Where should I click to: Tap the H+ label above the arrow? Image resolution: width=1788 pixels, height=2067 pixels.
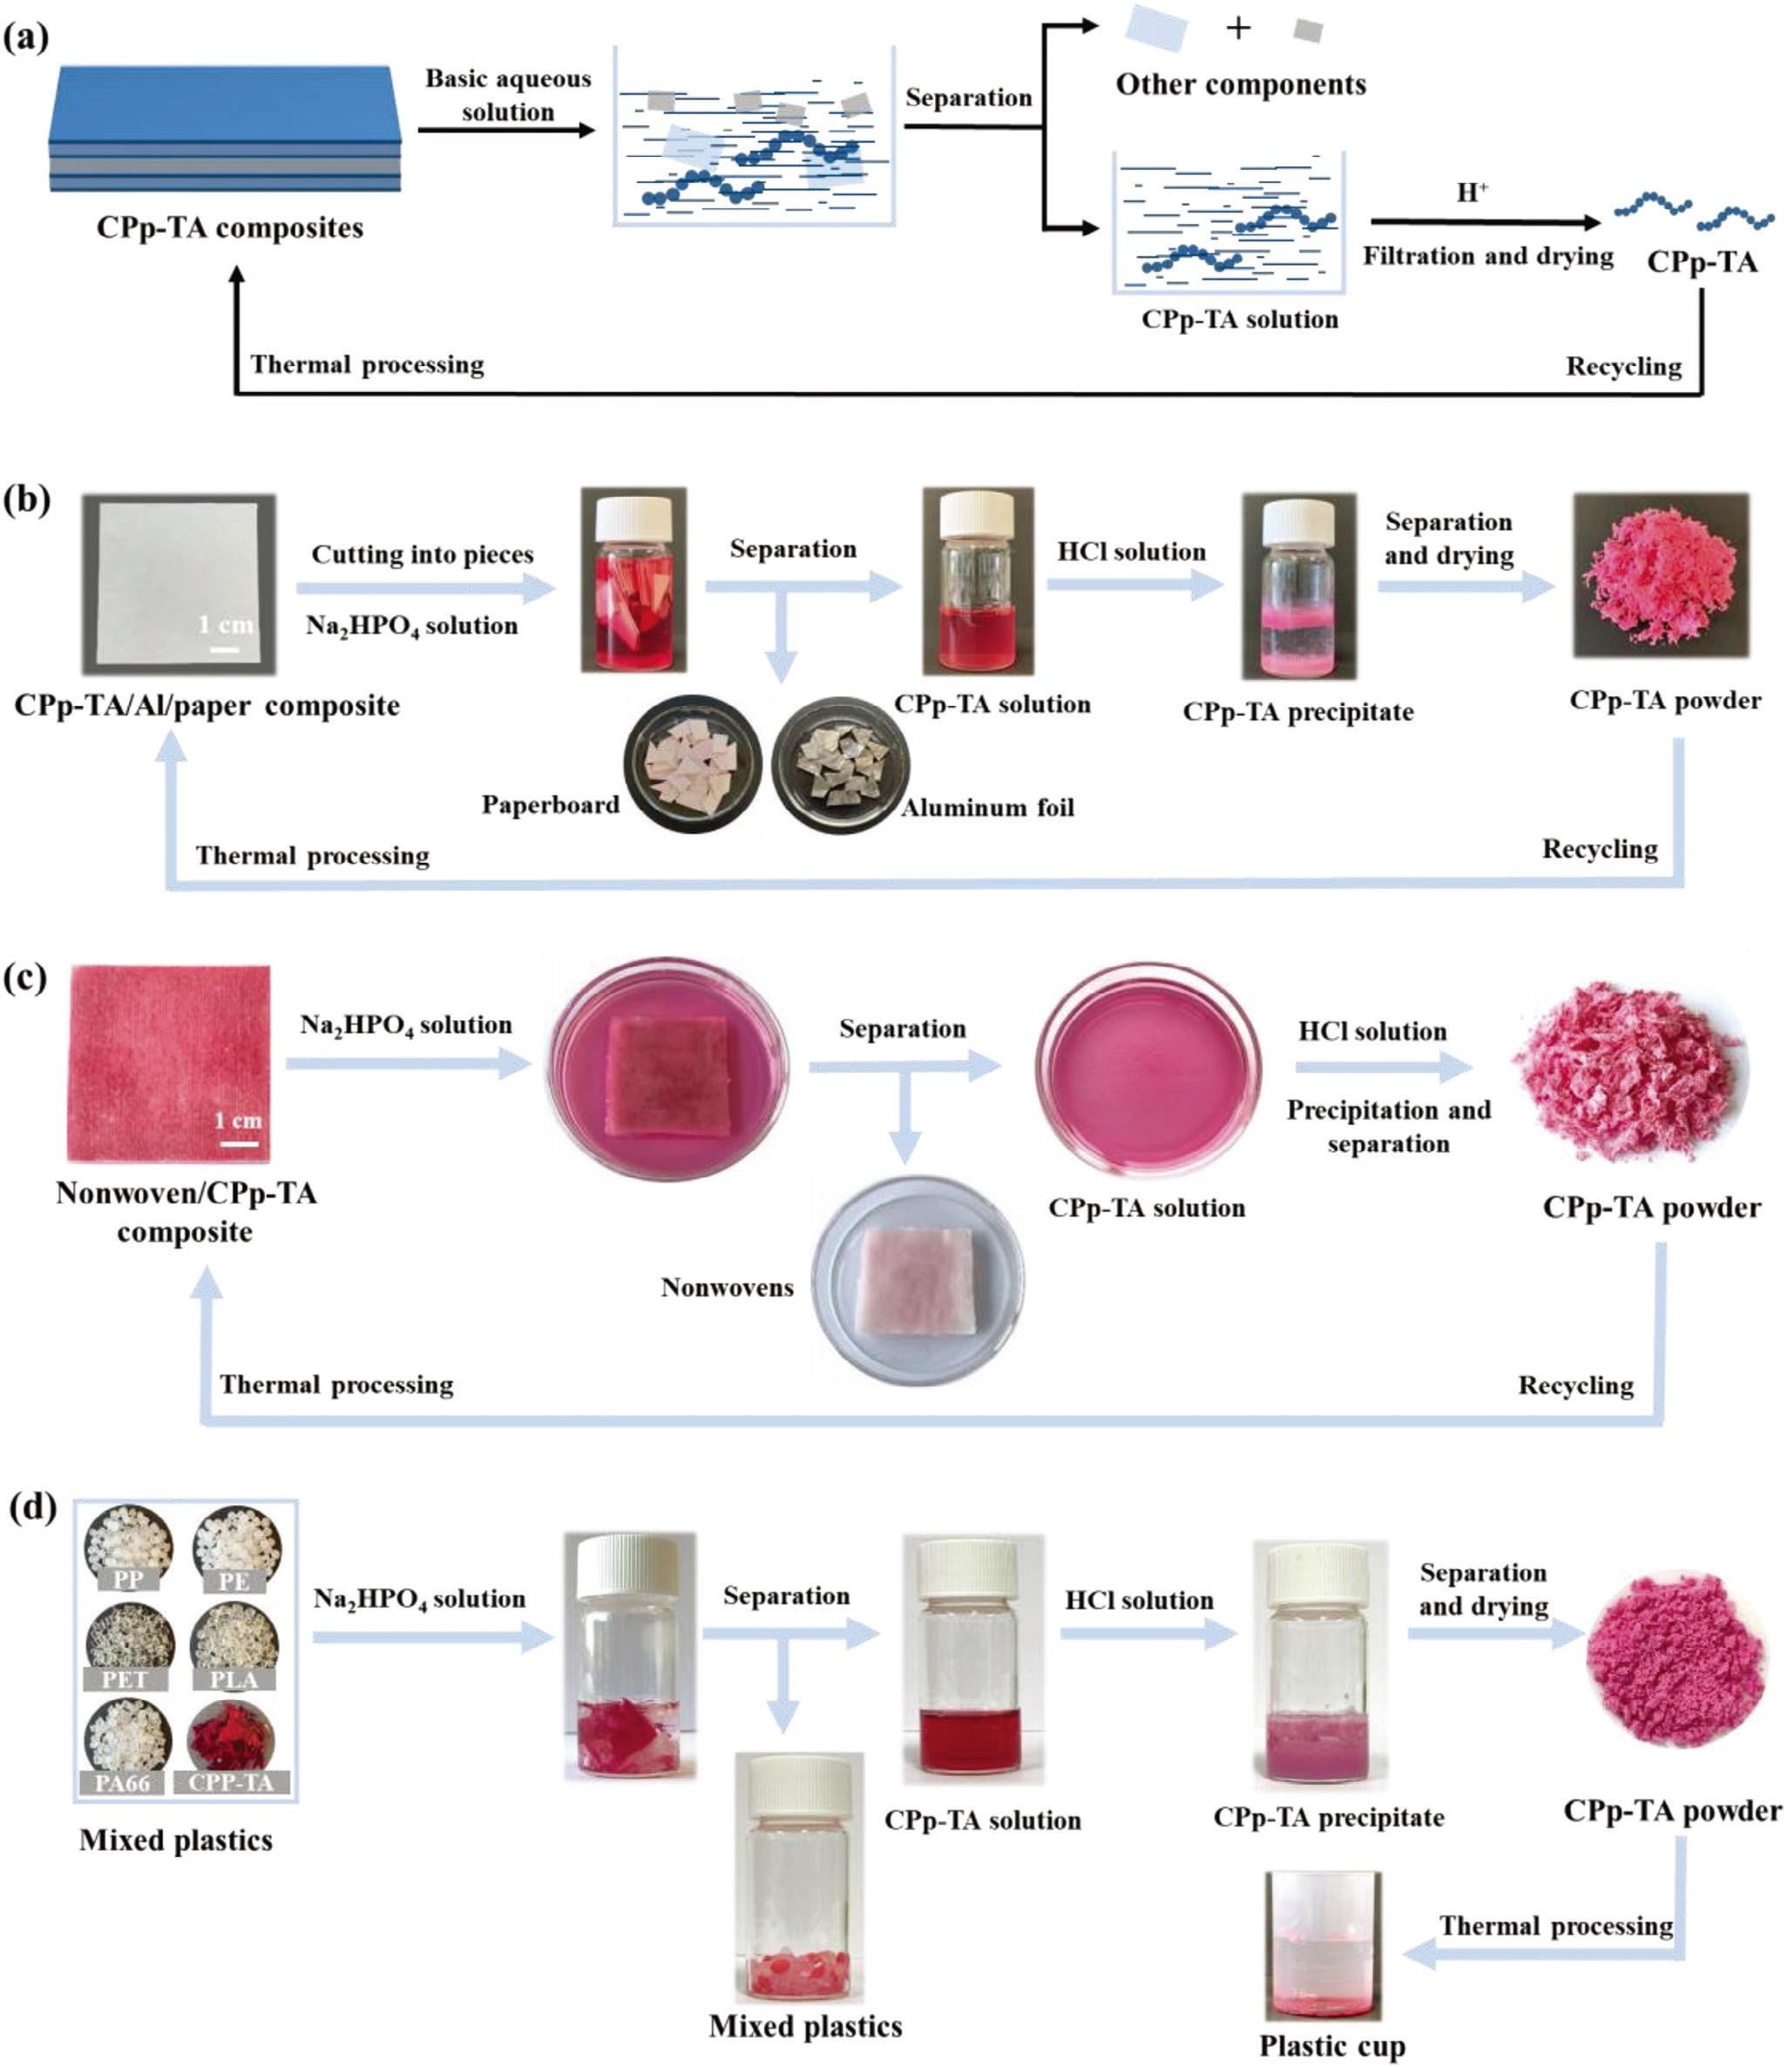point(1472,193)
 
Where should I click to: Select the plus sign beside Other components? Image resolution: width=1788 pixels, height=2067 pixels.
point(1238,28)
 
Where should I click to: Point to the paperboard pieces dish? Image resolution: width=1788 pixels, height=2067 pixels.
point(693,766)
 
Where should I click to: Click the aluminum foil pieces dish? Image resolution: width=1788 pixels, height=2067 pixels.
point(840,766)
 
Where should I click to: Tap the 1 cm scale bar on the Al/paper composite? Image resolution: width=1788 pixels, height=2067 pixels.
point(226,648)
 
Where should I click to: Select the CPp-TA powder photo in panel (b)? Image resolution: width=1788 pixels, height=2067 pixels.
point(1662,576)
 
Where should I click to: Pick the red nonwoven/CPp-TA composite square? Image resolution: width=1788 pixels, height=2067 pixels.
point(169,1063)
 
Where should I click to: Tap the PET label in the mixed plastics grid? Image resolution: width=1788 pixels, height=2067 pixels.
point(125,1680)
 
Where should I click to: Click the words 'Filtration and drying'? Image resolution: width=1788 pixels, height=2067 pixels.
point(1488,256)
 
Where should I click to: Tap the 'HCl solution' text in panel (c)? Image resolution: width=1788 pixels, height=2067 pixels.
point(1371,1031)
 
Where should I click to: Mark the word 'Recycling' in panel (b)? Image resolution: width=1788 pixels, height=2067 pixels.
point(1600,849)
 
